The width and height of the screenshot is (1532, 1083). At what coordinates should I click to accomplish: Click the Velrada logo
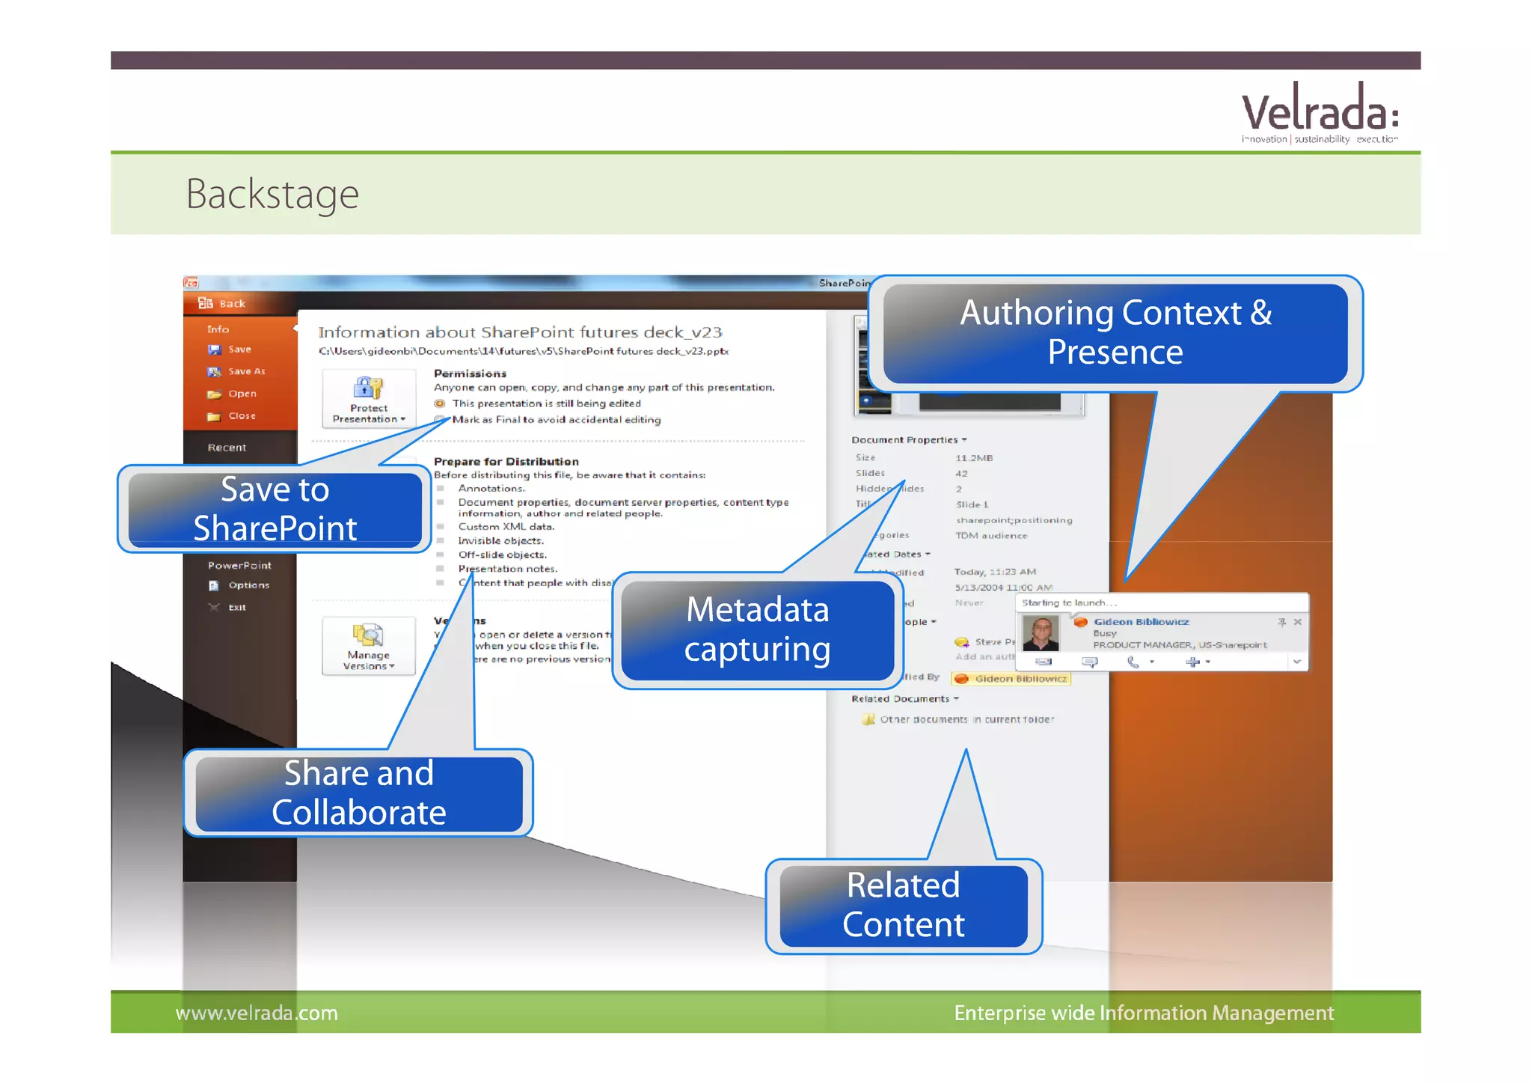1320,113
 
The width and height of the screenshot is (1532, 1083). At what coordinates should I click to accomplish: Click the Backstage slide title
272,194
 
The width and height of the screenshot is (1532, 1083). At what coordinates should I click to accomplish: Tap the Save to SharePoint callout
275,509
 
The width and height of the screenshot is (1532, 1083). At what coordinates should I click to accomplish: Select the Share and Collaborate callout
358,793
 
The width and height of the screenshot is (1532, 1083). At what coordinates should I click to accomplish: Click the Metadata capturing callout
757,629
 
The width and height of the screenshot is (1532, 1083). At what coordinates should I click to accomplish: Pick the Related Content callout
903,905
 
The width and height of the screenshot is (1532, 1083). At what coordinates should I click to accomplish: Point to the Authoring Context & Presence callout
1115,332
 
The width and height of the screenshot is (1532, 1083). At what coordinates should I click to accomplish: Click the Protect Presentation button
369,398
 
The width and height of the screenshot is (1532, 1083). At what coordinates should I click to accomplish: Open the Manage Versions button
368,646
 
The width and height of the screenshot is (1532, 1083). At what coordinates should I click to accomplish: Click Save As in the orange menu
245,371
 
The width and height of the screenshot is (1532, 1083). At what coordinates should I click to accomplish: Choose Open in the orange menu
242,394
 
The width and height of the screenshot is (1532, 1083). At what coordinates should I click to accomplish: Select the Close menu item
241,416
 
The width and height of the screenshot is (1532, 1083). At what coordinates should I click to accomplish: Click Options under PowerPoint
248,585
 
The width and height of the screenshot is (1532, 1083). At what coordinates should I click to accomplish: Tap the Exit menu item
236,607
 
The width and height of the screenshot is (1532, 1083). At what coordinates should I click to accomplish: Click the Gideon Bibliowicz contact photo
1041,633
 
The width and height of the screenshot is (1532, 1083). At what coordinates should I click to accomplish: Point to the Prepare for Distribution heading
506,461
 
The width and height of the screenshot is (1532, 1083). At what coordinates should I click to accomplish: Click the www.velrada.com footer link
257,1013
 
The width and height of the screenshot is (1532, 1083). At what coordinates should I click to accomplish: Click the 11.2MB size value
973,458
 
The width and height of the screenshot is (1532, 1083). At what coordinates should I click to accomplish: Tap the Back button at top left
231,303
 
